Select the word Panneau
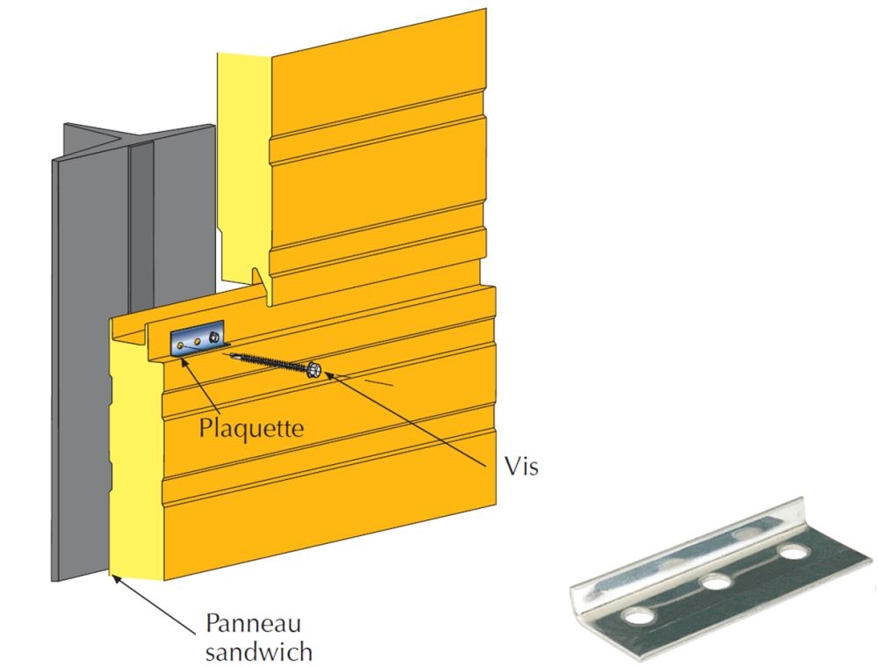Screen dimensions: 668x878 tap(254, 624)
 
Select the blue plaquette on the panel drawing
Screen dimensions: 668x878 tap(198, 340)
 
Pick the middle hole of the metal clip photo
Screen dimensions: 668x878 tap(716, 583)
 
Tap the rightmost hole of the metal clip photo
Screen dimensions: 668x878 tap(795, 554)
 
